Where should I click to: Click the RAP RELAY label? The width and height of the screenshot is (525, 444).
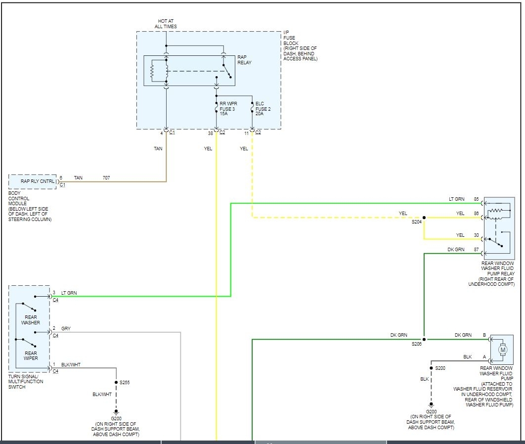(244, 60)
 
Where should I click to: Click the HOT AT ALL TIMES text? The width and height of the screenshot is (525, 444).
(166, 24)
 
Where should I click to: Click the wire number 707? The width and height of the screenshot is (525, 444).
(106, 177)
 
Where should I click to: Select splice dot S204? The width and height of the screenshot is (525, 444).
(424, 218)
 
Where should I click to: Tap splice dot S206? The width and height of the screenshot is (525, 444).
(424, 339)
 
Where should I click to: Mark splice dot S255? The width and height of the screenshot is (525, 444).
(116, 383)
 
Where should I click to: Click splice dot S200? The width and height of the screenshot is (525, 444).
(431, 368)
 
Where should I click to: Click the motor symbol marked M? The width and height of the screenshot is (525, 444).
(503, 350)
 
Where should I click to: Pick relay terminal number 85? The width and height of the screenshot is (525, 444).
(476, 199)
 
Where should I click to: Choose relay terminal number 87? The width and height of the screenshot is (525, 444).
(476, 250)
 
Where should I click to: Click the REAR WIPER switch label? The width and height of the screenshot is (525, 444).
(30, 356)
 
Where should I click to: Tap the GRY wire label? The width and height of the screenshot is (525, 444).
(66, 328)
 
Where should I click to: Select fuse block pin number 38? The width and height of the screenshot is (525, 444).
(211, 133)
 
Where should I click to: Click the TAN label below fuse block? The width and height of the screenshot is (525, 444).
(158, 148)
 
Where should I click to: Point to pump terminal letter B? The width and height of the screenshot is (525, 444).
(484, 335)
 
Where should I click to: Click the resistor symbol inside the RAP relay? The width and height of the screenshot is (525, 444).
(153, 71)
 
